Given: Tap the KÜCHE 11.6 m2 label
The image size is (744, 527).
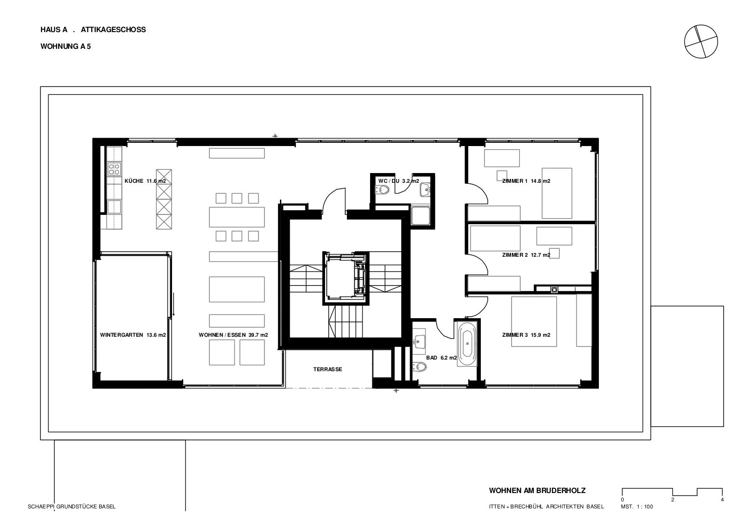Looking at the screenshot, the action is point(145,181).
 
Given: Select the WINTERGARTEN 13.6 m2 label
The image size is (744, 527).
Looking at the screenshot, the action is point(133,335).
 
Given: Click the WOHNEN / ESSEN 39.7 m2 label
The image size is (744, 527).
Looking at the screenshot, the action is point(233,335).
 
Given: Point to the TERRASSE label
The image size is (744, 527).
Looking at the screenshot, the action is point(327,369).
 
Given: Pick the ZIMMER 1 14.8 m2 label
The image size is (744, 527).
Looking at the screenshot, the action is point(526,181).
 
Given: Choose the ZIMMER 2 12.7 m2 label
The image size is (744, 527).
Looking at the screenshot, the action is point(526,255).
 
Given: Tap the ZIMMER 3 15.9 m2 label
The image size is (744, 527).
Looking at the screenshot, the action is point(526,335).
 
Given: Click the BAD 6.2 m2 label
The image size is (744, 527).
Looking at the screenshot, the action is point(441,358).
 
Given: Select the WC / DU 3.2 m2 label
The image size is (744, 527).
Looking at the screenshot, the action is point(399,181).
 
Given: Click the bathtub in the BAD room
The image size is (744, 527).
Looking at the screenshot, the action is point(467,344).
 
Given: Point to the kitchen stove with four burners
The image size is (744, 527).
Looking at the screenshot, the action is point(114,169).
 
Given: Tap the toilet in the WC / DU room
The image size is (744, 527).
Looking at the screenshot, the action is point(383,190).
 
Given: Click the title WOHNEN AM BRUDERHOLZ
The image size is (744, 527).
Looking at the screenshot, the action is point(537,490).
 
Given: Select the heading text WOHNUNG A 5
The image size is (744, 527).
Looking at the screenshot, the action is point(66,47).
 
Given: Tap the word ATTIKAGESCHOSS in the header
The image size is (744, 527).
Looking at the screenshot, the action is point(113,30).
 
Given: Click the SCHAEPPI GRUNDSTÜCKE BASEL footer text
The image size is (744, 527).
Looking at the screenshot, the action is point(72,507).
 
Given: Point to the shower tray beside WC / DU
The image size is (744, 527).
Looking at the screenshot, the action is point(420,215).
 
